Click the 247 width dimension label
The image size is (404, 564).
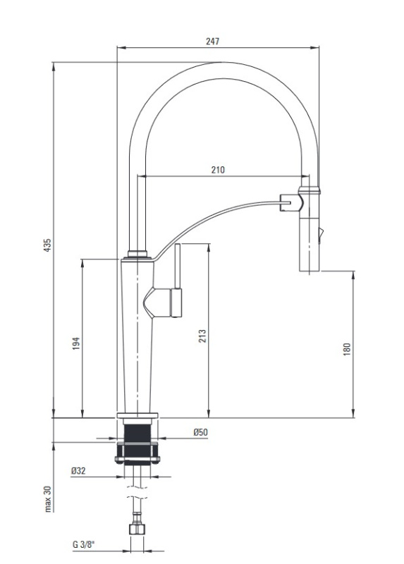click(x=212, y=42)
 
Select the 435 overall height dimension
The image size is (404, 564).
click(x=47, y=245)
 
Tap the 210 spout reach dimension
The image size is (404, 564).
click(x=218, y=170)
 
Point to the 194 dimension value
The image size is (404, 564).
click(x=76, y=343)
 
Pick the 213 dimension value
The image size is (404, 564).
click(x=202, y=336)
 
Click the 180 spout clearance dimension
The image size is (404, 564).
click(x=346, y=349)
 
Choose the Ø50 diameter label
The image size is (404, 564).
click(x=201, y=432)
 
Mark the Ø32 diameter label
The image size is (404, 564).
click(x=78, y=470)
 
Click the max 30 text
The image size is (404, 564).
click(x=48, y=498)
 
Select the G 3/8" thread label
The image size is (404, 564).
click(x=83, y=544)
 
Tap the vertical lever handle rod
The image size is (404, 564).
click(x=178, y=266)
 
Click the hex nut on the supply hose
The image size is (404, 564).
click(x=137, y=529)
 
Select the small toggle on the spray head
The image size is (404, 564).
click(x=321, y=235)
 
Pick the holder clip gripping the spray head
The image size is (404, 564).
click(x=291, y=202)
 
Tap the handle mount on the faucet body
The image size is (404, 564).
click(x=163, y=302)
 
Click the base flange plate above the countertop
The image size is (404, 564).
click(x=137, y=415)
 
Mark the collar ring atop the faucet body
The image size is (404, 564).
click(x=137, y=254)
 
